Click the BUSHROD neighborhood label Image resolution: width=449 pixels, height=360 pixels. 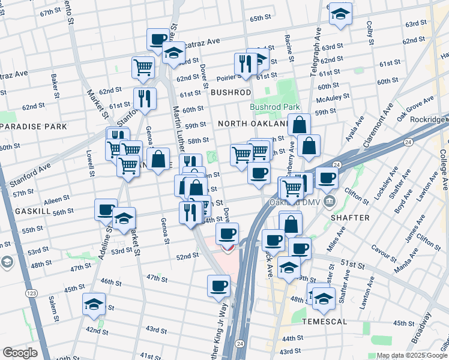tap(231, 92)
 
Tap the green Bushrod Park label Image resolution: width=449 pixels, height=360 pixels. tap(274, 107)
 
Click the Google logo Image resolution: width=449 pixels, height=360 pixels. tap(20, 353)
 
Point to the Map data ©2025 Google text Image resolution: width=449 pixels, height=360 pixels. tap(412, 355)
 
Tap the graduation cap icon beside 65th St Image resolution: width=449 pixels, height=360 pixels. tap(340, 14)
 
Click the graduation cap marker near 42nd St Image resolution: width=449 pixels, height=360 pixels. tap(94, 304)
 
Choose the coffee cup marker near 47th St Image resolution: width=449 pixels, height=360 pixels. tap(218, 286)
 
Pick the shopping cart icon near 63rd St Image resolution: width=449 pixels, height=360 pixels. tap(143, 67)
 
